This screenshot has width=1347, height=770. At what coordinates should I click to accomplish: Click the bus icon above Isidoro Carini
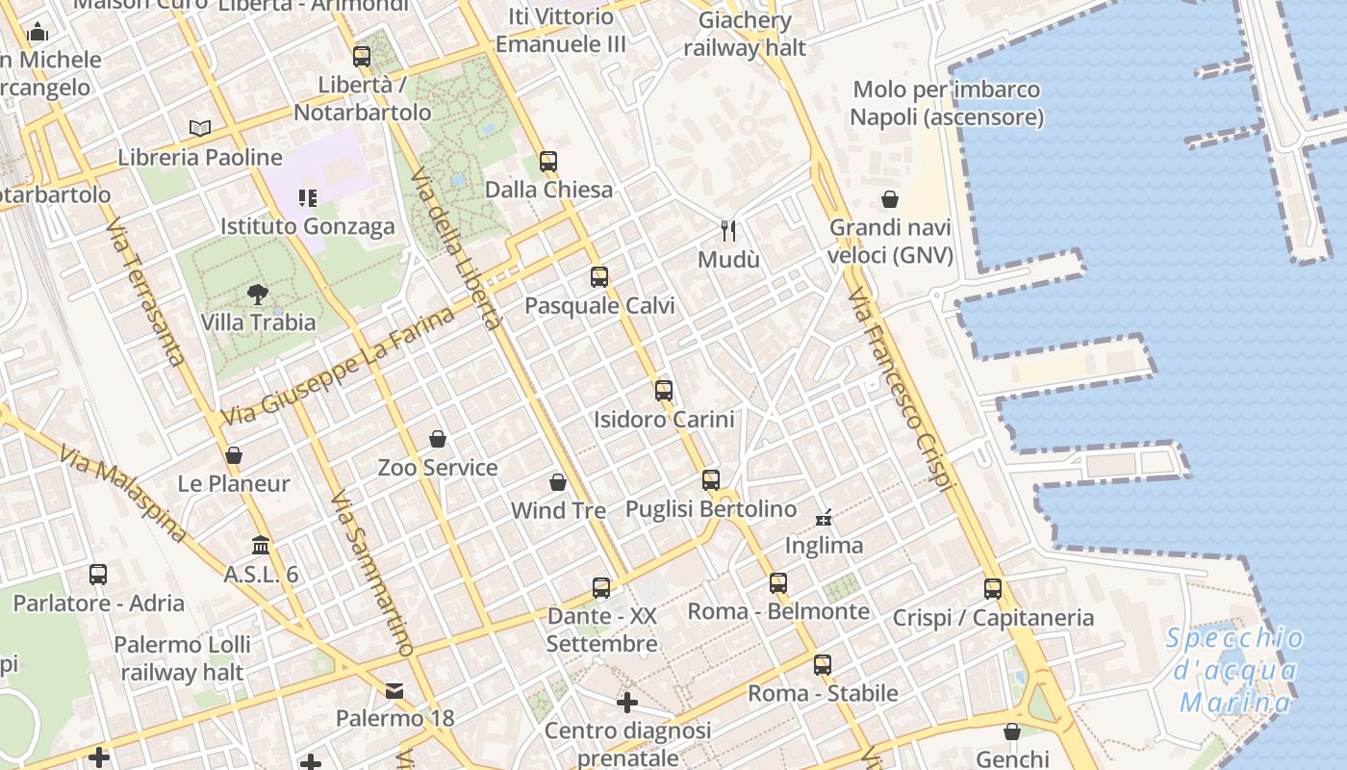coord(663,390)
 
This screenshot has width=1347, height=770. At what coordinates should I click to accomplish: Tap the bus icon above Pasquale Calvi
coord(599,277)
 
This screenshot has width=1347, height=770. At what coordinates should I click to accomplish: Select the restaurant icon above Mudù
coord(728,231)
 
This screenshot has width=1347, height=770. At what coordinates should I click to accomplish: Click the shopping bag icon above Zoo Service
coord(438,439)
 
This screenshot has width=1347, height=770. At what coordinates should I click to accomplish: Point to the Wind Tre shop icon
coord(558,481)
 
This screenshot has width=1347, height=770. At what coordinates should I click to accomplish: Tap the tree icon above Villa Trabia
coord(257,294)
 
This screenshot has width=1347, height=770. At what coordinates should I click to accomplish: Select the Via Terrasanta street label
coord(146,294)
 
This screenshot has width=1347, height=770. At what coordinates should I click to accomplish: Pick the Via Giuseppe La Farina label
coord(339,367)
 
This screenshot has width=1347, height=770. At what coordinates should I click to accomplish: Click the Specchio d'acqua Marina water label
coord(1235,670)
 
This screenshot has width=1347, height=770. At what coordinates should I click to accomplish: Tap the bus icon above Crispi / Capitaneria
coord(993,588)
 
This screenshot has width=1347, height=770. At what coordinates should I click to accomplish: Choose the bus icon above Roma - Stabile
coord(823,664)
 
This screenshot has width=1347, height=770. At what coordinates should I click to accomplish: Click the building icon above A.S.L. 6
coord(261,546)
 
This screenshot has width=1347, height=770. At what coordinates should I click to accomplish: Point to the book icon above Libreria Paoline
coord(200,128)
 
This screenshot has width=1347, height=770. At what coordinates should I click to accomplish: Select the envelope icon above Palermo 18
coord(394,690)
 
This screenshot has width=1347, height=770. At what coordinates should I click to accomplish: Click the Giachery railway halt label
coord(745,34)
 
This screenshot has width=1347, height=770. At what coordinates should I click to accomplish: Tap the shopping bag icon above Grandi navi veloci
coord(890,199)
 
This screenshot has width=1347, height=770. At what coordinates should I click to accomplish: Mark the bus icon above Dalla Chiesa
coord(548,161)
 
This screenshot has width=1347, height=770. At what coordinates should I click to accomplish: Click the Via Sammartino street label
coord(371,574)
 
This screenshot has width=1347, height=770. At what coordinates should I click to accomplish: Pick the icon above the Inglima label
coord(824,517)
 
